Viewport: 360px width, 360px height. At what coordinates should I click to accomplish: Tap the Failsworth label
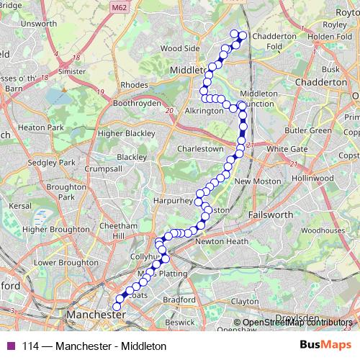(271, 215)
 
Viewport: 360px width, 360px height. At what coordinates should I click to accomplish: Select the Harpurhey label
(175, 199)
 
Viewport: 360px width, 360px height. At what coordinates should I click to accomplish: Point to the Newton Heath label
(222, 242)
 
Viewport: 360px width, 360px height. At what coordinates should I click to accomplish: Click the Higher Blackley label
(126, 133)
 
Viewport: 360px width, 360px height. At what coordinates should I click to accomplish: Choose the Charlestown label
(200, 148)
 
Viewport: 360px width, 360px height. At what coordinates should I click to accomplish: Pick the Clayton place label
(245, 301)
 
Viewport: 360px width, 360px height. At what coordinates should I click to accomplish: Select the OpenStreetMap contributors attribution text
(294, 323)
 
